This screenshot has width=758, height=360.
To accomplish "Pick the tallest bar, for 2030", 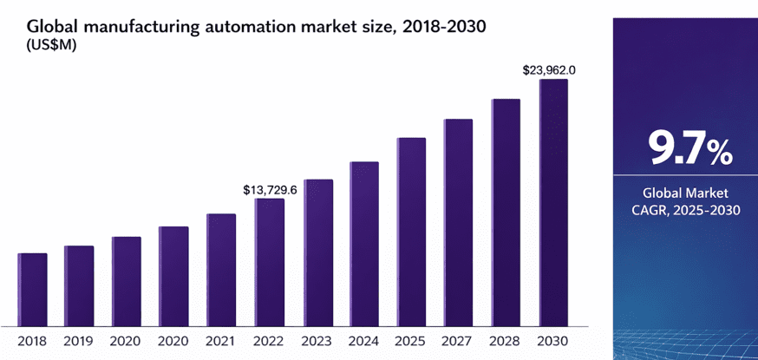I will pyautogui.click(x=553, y=203).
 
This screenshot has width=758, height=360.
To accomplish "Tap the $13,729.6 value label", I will pyautogui.click(x=270, y=189).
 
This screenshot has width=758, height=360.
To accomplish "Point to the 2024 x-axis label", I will pyautogui.click(x=364, y=341).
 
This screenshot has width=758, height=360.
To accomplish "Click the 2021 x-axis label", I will pyautogui.click(x=221, y=341).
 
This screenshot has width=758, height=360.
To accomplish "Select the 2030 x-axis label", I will pyautogui.click(x=553, y=341).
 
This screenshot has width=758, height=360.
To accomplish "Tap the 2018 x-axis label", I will pyautogui.click(x=32, y=341).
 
